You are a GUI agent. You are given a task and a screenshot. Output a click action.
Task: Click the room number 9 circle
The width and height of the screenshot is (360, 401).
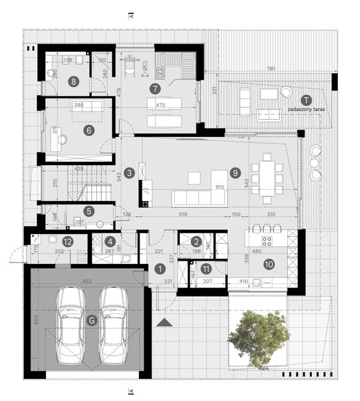(x=234, y=172)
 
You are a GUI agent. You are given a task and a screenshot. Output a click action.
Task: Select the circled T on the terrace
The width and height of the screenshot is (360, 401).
(x=304, y=98)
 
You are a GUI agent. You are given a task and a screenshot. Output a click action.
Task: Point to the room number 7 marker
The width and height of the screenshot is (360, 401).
(x=154, y=88)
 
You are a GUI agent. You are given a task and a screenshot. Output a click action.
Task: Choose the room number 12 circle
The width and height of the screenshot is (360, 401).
(x=67, y=241)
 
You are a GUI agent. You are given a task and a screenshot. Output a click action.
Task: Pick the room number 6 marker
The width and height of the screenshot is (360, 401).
(x=88, y=130)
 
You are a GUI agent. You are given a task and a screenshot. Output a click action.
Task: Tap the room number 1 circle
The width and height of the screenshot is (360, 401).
(x=160, y=269)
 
